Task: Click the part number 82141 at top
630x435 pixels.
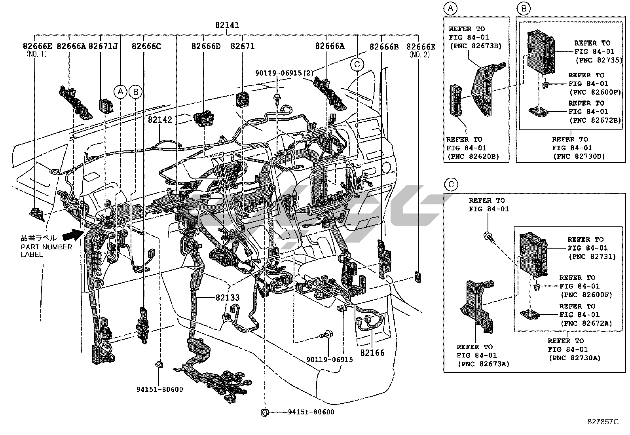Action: (227, 25)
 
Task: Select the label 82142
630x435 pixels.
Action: (160, 119)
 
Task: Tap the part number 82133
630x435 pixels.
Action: (228, 298)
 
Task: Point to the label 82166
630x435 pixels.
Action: (372, 352)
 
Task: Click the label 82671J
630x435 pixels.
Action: (103, 46)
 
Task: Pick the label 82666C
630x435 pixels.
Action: (146, 46)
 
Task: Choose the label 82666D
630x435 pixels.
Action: (206, 46)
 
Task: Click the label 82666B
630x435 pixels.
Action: (384, 47)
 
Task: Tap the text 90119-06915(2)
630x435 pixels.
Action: (284, 73)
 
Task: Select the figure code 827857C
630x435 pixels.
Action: (602, 422)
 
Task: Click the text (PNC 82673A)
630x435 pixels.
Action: (483, 364)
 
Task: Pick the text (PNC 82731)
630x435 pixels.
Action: (592, 256)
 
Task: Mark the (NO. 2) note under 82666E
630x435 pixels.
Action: (419, 55)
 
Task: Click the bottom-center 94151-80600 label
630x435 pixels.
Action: (311, 412)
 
